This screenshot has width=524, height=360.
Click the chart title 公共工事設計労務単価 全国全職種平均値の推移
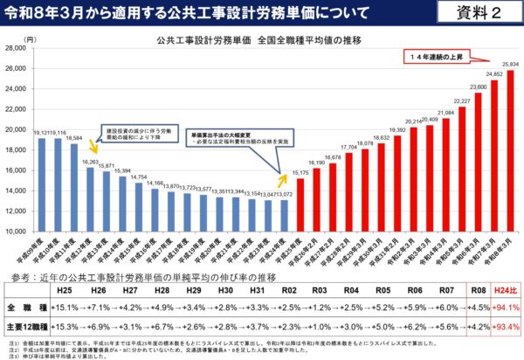[x=258, y=40]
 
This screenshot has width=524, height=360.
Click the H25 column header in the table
[x=64, y=288]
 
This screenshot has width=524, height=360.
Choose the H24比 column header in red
[x=505, y=288]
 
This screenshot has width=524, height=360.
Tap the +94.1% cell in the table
[x=505, y=308]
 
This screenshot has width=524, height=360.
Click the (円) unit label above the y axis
[x=31, y=39]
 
